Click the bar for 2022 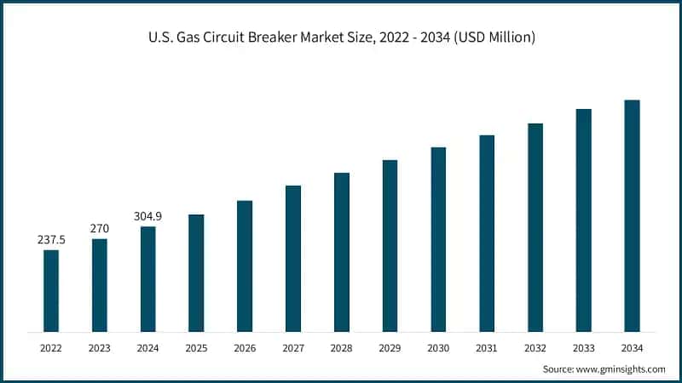[51, 290]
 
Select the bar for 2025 [196, 272]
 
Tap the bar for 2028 [341, 252]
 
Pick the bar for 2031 [487, 233]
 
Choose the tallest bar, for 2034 [632, 215]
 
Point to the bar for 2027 [293, 258]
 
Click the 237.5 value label [51, 240]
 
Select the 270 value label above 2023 [100, 228]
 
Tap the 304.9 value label [147, 216]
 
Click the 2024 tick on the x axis [147, 347]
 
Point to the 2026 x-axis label [245, 347]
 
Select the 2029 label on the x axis [390, 347]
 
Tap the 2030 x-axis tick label [438, 347]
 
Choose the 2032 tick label [535, 347]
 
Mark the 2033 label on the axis [583, 347]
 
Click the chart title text [341, 39]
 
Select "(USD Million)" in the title [494, 39]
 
